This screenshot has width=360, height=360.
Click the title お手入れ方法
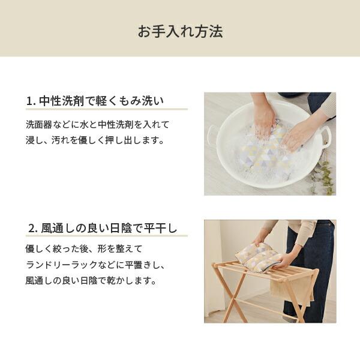(180, 31)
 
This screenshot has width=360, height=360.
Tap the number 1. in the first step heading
(31, 101)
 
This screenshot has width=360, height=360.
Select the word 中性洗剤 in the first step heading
(61, 101)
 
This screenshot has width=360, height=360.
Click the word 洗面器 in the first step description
(39, 125)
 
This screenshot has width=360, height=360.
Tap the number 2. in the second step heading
(33, 229)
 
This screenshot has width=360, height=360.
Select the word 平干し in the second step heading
(160, 228)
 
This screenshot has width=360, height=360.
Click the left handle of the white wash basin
(211, 135)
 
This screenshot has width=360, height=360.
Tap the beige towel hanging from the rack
(292, 287)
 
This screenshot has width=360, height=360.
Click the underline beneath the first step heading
(107, 109)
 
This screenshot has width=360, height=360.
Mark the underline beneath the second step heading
(107, 236)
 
